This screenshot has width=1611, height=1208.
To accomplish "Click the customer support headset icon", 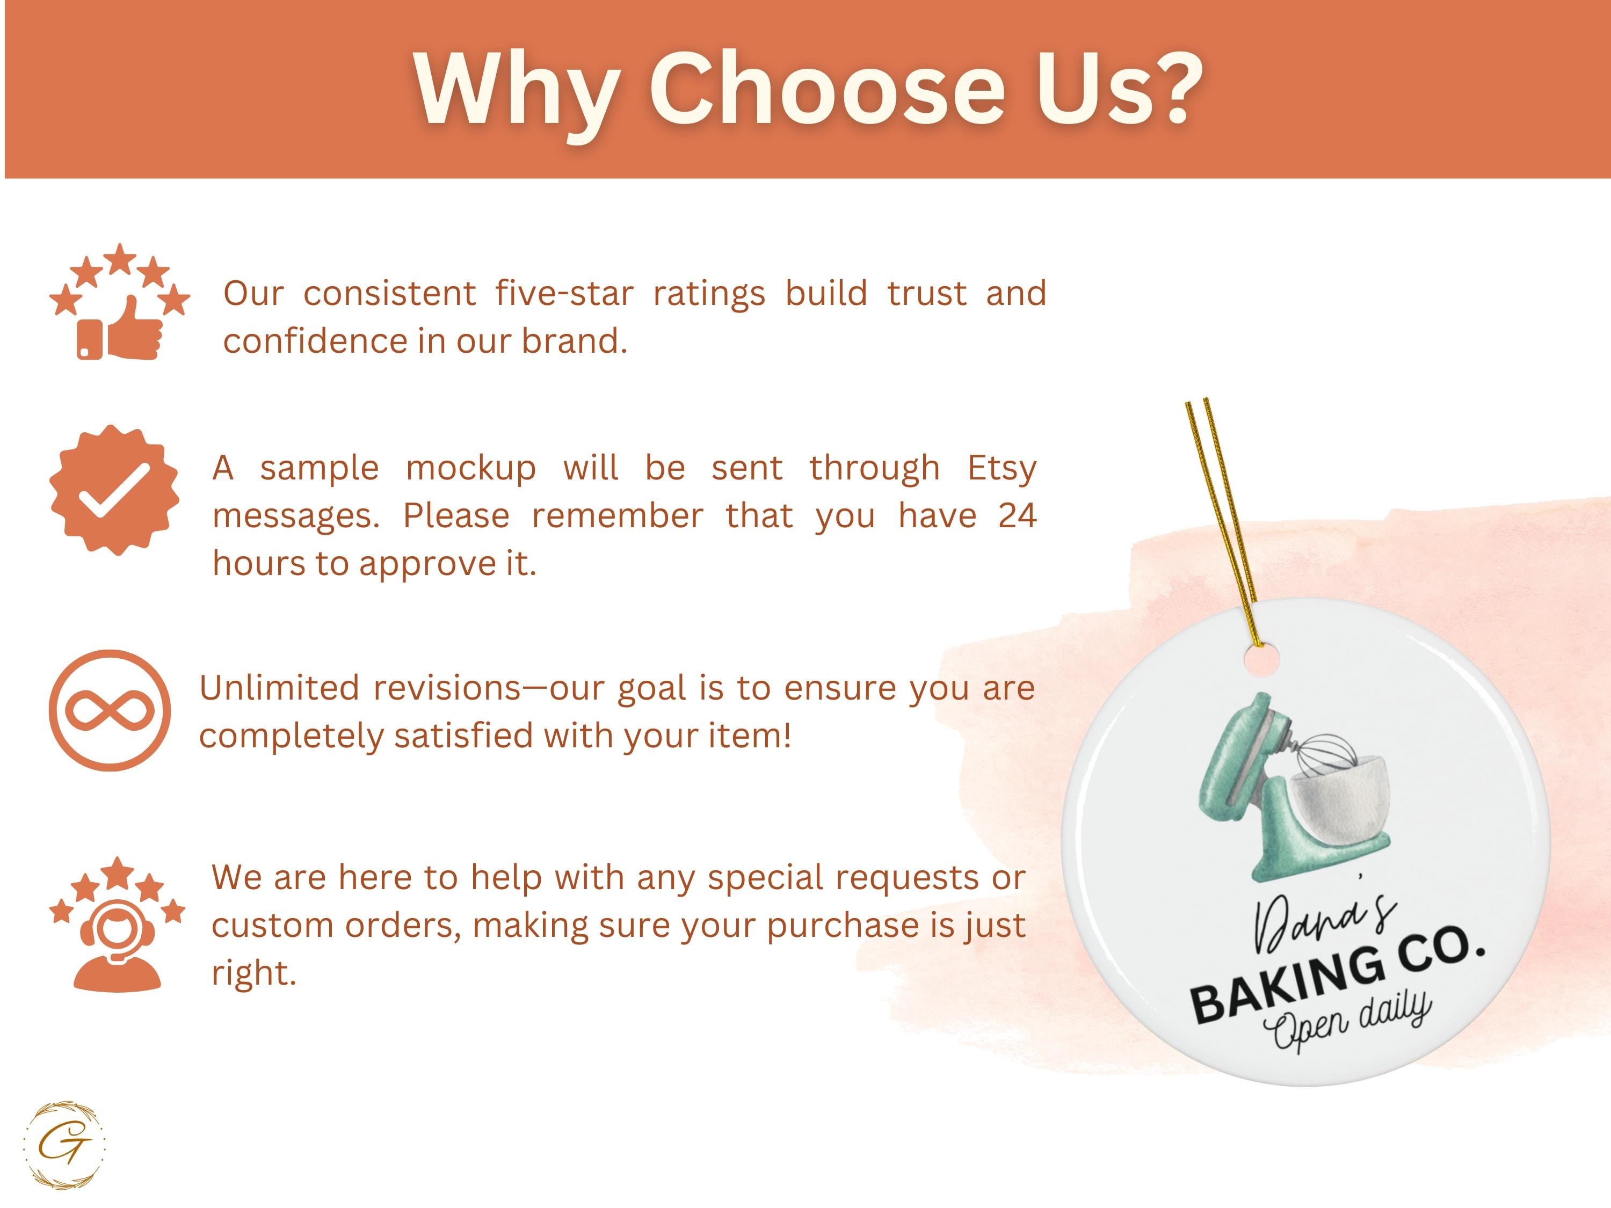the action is pos(117,947).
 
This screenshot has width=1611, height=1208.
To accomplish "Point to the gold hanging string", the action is pos(1221,521).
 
